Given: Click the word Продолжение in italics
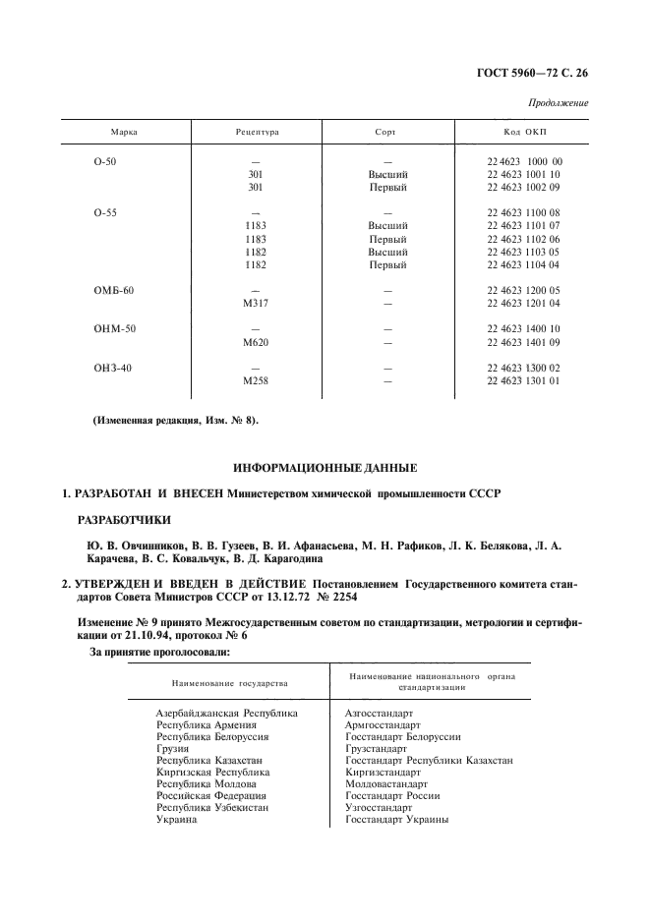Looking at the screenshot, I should (559, 103).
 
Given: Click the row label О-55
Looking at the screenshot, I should (103, 212).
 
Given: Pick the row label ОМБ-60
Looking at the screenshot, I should (109, 291).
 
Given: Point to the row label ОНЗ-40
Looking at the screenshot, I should (109, 368).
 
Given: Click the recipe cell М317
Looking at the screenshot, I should (256, 304).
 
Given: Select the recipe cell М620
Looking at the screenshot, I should (256, 342).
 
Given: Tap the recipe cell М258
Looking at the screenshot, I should (256, 380).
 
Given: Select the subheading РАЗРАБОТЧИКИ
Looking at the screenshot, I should (124, 518).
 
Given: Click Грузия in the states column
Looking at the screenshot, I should (173, 749).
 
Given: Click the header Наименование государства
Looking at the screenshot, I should (229, 682).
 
